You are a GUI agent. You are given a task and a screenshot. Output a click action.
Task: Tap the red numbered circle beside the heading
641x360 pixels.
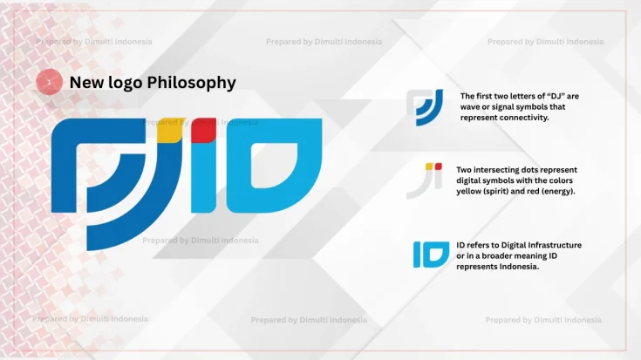coord(49,82)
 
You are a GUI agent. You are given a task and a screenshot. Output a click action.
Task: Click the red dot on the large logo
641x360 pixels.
coord(204,128)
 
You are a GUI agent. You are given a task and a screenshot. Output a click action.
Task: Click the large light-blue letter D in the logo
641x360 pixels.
coord(274,166)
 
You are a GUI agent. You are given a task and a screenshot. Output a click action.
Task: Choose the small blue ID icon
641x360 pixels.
coord(431,255)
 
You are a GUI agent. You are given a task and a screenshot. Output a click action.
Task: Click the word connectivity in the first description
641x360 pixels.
coord(521,117)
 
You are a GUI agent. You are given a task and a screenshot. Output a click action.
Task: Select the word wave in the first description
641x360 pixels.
coord(471,106)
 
